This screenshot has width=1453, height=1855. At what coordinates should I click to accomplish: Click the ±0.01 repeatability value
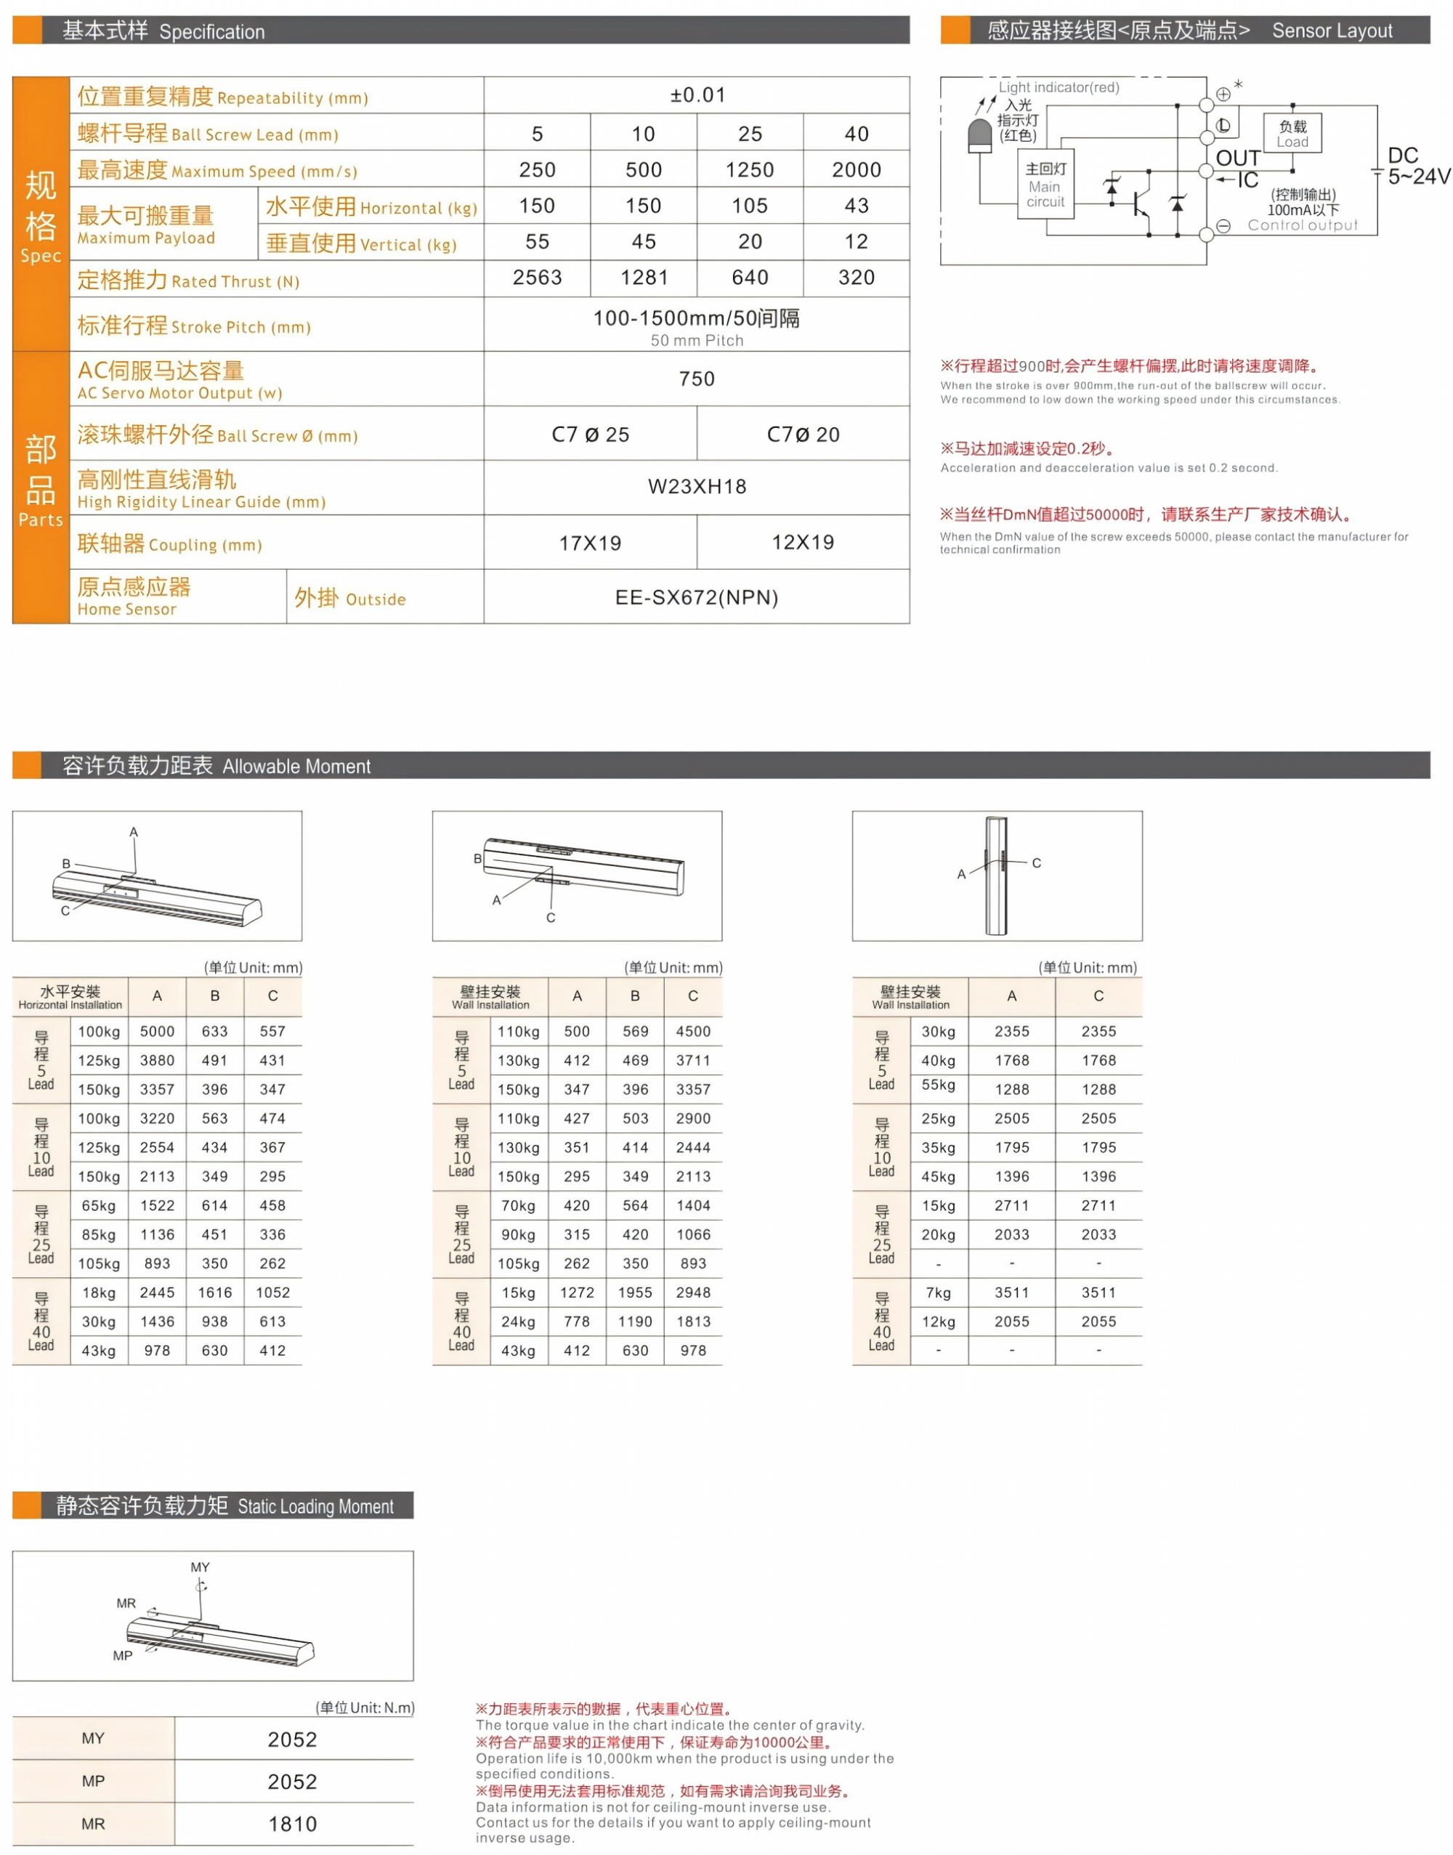coord(697,95)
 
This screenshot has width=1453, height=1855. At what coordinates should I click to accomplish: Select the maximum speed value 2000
coord(856,170)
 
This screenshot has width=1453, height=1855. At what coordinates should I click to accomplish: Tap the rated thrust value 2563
coord(537,278)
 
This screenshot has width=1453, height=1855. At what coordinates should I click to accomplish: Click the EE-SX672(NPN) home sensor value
coord(697,597)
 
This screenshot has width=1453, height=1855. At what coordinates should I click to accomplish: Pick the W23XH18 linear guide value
coord(697,487)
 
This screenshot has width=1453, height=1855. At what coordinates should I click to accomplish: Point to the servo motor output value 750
coord(697,379)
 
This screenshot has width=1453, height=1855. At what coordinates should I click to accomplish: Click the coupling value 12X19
coord(802,543)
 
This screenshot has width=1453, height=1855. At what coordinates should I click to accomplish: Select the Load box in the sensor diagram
coord(1292,134)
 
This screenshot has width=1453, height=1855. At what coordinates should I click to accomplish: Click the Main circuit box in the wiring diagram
coord(1045,185)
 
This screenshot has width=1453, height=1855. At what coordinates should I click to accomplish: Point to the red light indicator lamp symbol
coord(980,135)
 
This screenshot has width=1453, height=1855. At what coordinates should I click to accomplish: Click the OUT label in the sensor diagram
coord(1237,159)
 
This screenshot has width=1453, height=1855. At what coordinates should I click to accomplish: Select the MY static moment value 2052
coord(292,1740)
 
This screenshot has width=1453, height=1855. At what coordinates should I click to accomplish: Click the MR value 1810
coord(292,1824)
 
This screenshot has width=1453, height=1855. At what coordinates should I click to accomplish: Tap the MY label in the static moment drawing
coord(200,1567)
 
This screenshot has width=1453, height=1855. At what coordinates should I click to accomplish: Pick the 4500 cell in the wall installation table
coord(692,1031)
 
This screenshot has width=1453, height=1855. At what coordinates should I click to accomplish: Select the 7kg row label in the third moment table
coord(939,1293)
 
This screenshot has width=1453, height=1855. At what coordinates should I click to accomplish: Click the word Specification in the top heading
coord(212,33)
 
